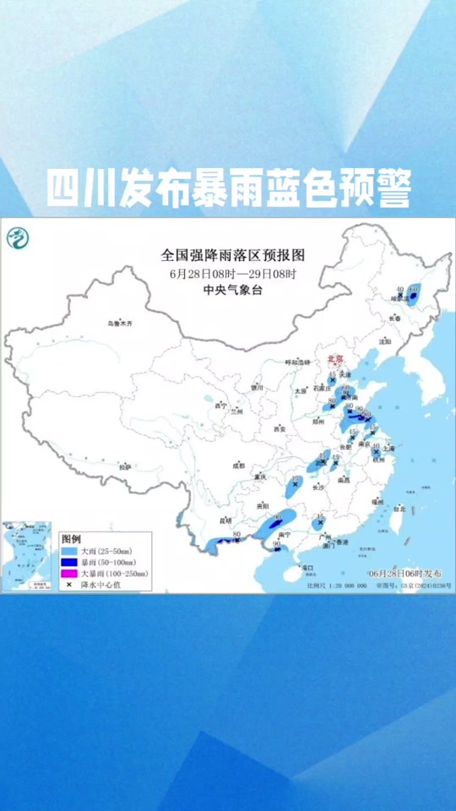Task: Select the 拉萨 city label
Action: point(125,466)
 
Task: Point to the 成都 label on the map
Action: point(240,465)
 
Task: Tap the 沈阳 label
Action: point(386,342)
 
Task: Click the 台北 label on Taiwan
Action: point(400,509)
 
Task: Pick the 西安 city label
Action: point(279,429)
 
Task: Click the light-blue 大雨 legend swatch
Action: point(68,550)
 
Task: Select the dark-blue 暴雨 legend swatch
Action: point(68,561)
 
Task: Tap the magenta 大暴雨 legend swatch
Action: point(68,573)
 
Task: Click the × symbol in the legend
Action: point(68,584)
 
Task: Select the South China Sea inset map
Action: point(25,557)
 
